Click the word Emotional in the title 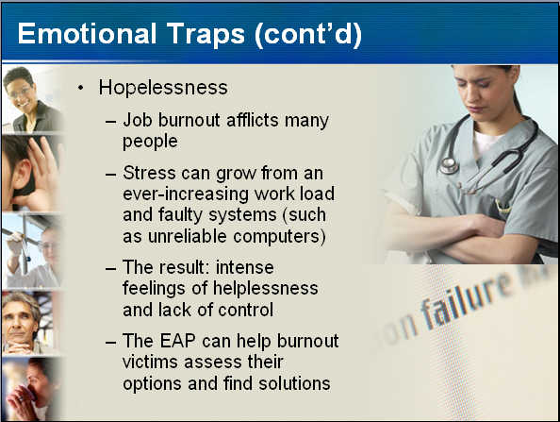tap(87, 34)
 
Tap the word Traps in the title tap(206, 34)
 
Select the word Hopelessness tap(163, 88)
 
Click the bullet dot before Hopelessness tap(81, 87)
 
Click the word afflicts tap(253, 120)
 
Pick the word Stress tap(149, 173)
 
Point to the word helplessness tap(265, 288)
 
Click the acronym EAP tap(177, 341)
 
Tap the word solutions tap(294, 383)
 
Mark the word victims tap(150, 362)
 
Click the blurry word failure tap(467, 300)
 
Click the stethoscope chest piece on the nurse tap(449, 165)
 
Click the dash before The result tap(110, 268)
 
